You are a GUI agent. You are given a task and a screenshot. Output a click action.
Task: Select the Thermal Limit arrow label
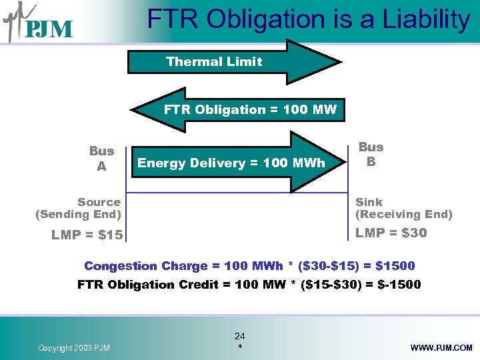[x=214, y=62]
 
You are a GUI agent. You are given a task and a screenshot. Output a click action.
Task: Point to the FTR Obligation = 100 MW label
[x=250, y=109]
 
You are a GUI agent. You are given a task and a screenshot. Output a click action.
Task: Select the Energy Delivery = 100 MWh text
[x=231, y=163]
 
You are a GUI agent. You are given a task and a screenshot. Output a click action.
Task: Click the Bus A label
[x=101, y=159]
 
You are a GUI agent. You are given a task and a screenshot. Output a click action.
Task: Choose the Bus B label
[x=371, y=154]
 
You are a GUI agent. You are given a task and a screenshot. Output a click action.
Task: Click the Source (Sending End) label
[x=79, y=208]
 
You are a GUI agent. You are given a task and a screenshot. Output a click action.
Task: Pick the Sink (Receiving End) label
[x=403, y=208]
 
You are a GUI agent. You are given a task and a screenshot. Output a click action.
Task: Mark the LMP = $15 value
[x=87, y=235]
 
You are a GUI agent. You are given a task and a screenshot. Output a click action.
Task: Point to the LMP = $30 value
[x=391, y=233]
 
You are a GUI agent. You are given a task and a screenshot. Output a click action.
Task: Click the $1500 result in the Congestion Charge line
[x=395, y=266]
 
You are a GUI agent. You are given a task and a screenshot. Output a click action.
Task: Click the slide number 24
[x=240, y=337]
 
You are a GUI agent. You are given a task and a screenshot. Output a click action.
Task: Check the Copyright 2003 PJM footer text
[x=74, y=348]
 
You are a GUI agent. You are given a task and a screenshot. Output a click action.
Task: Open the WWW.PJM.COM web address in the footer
[x=442, y=348]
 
